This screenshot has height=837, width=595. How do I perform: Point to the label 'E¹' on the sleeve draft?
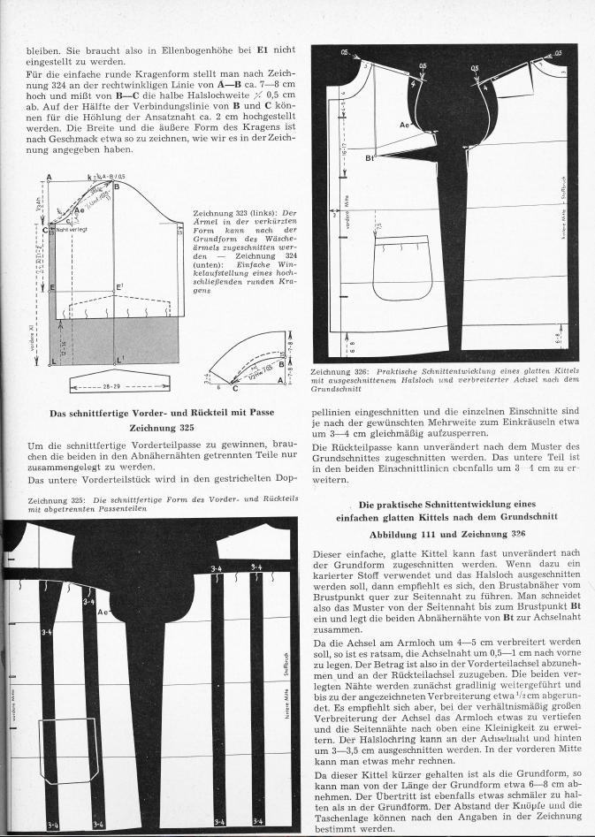(x=119, y=287)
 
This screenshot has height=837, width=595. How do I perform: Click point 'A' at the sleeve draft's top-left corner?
(x=49, y=177)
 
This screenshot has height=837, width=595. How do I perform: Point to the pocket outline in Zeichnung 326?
(x=402, y=271)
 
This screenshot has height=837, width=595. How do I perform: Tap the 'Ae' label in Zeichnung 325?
(x=103, y=612)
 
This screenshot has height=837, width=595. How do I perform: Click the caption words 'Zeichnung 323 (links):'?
(x=233, y=213)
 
